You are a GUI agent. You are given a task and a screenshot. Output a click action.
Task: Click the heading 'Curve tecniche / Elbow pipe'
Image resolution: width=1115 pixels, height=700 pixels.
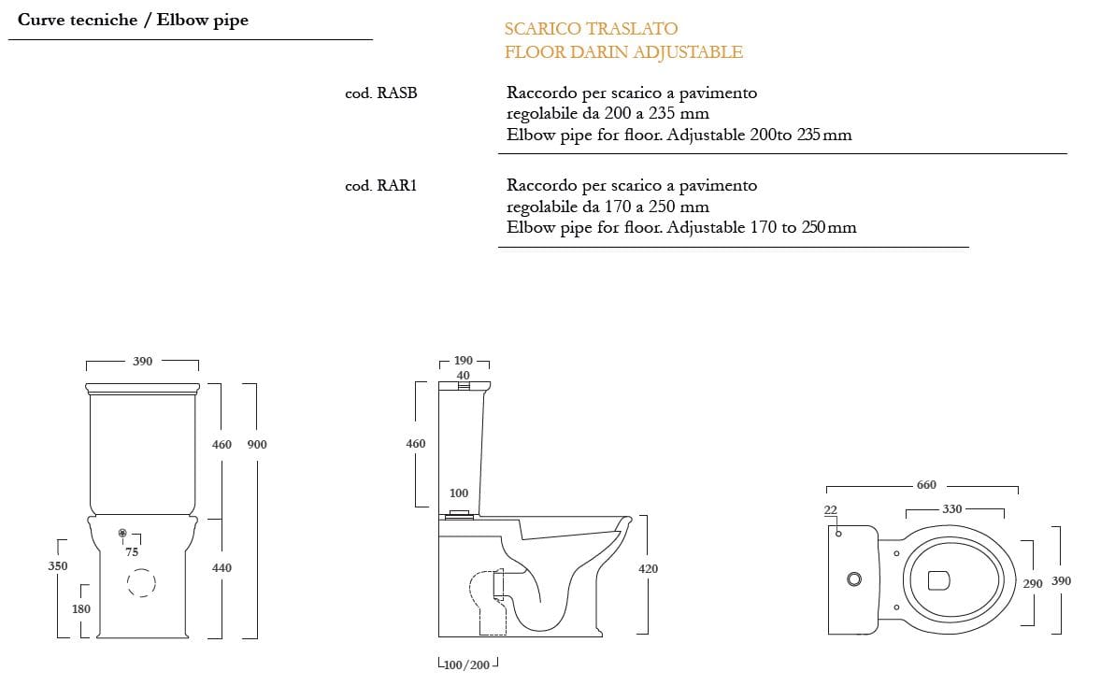pos(133,20)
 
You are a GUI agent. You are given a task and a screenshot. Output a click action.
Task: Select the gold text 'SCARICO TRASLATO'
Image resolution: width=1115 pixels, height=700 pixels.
pos(591,28)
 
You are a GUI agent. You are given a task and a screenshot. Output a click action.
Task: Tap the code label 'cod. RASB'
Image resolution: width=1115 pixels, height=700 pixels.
pos(381,93)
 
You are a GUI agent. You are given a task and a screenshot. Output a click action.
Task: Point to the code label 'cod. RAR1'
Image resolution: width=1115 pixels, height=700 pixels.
pos(381,185)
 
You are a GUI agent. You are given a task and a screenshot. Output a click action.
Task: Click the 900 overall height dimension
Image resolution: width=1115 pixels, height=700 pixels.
pos(257,444)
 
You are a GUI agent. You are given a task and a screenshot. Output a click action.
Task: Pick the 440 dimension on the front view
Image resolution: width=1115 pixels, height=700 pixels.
pos(222,567)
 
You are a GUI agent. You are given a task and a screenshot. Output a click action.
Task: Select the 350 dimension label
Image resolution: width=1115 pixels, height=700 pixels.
pos(58,565)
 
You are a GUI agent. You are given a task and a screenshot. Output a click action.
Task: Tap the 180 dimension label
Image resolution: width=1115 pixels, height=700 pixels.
pos(81,608)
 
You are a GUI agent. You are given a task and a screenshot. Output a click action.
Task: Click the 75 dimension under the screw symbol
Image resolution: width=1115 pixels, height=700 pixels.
pos(132,551)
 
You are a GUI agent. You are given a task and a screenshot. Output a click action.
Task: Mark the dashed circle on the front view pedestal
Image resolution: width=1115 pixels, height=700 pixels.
pos(141,569)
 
